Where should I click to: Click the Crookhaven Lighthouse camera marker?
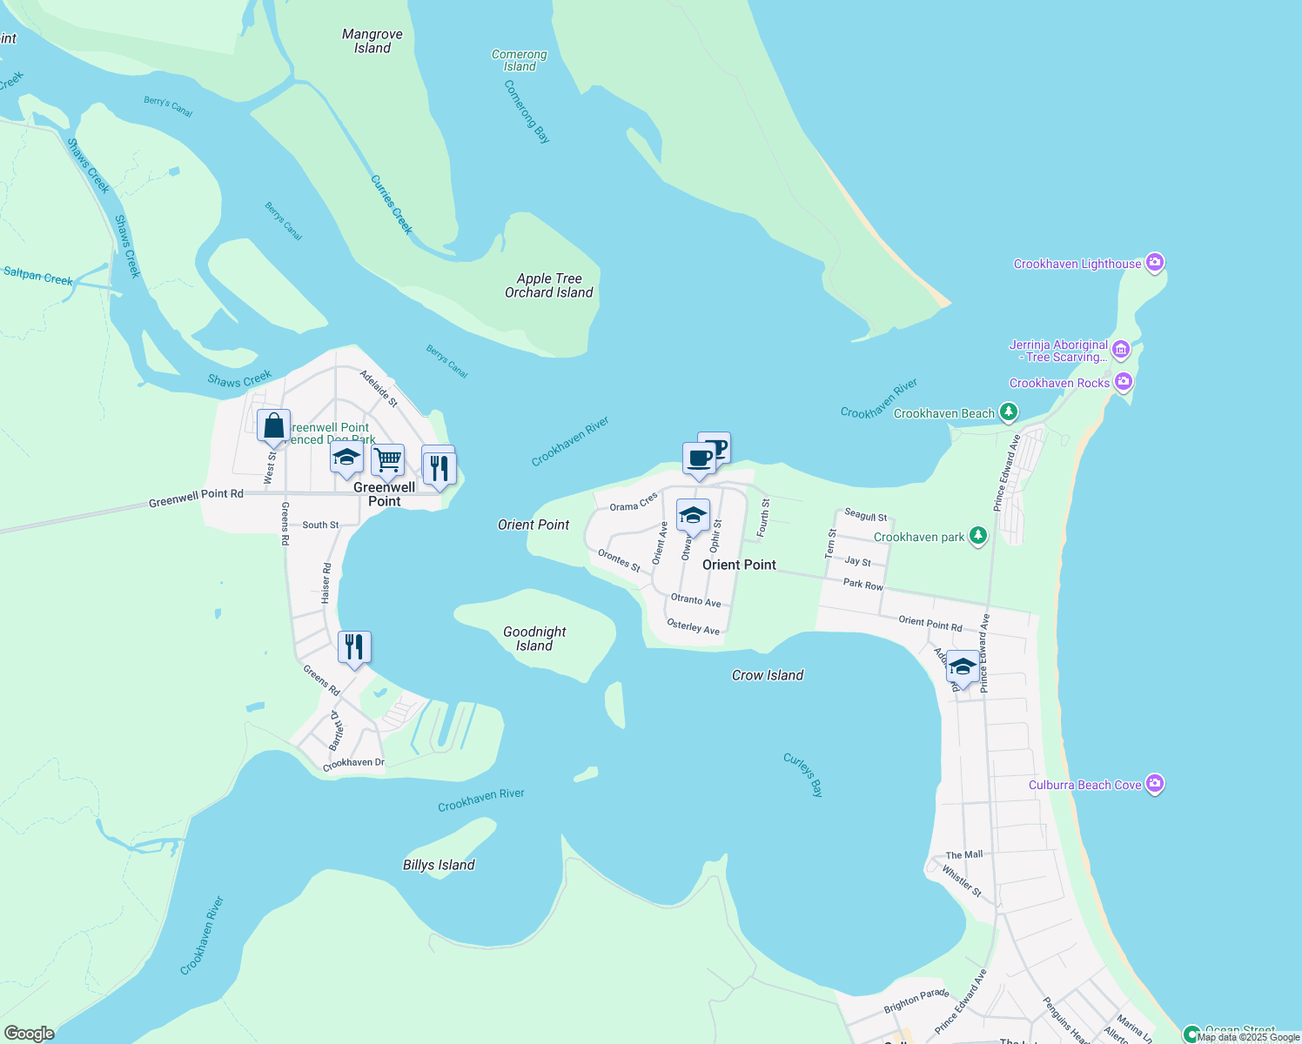point(1154,262)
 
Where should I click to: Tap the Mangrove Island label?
point(372,41)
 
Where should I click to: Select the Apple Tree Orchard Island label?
point(549,285)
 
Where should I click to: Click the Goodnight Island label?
point(534,639)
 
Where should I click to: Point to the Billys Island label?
point(439,865)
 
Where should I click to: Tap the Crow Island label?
point(768,675)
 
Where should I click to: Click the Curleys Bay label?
point(802,774)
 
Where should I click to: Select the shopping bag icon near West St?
point(273,425)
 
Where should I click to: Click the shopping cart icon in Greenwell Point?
point(387,458)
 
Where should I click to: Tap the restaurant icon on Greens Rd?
point(354,646)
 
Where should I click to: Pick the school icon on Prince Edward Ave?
point(962,666)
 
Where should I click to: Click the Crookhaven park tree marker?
point(978,535)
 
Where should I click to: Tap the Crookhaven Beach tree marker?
point(1009,412)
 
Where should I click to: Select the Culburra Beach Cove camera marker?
point(1155,784)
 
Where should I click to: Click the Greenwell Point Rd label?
point(196,498)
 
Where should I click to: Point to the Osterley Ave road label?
point(693,626)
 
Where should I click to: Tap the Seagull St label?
point(866,516)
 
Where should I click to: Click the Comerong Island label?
point(520,60)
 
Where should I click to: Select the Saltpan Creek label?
point(38,276)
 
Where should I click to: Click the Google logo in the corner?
point(29,1033)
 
